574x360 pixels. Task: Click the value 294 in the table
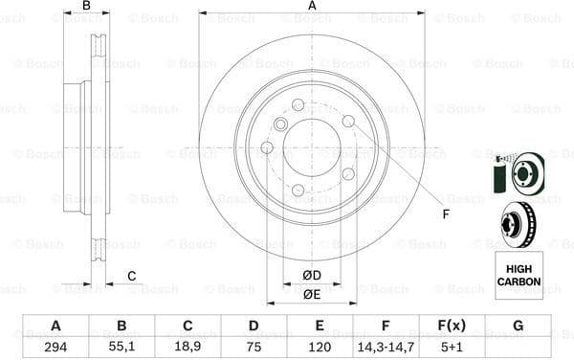point(55,347)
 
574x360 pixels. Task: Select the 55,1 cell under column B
point(121,347)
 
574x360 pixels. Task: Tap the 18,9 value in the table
point(188,347)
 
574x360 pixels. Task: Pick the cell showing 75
point(254,347)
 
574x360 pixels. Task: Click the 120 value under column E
point(320,347)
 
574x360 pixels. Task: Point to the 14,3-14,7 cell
point(386,347)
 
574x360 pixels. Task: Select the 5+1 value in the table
point(452,347)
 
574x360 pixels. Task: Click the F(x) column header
point(452,326)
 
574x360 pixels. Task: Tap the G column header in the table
point(518,326)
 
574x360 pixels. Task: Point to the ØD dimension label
point(312,276)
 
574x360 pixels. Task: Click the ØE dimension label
point(312,294)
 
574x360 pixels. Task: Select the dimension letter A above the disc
point(313,7)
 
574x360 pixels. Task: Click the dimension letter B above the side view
point(86,7)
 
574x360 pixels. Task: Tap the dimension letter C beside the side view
point(132,277)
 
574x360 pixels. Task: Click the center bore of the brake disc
point(312,146)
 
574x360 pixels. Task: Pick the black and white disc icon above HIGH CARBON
point(519,224)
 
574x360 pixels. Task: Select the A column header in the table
point(55,326)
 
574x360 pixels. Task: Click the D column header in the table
point(254,326)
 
